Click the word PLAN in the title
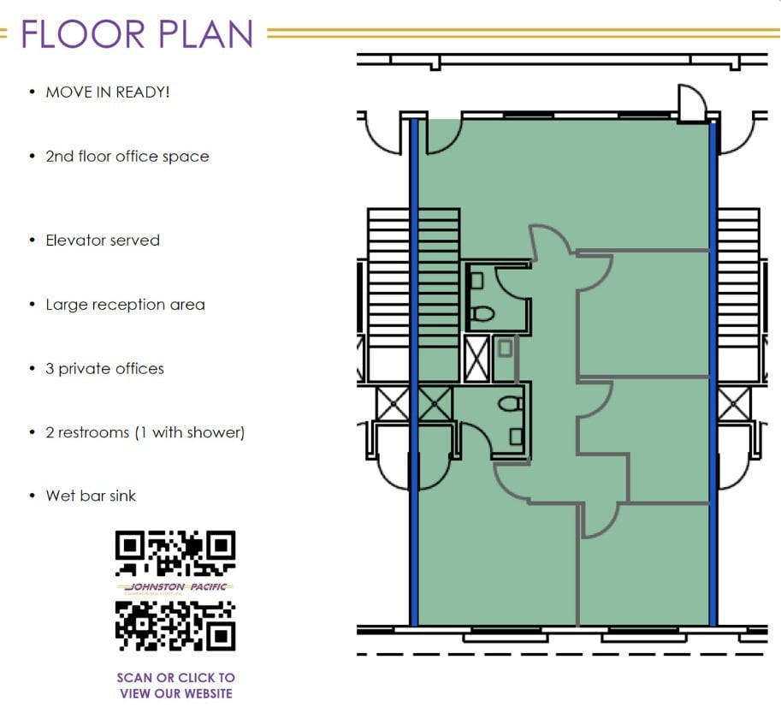pos(205,33)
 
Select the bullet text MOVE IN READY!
pos(108,92)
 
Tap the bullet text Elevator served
pos(103,241)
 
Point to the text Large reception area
pos(125,305)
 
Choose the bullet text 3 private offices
pos(104,369)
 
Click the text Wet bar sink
pos(91,496)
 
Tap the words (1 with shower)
pos(189,433)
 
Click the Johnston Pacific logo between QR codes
pos(175,588)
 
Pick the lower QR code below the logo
pos(175,625)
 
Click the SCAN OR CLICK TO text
pos(175,678)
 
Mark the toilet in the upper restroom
pos(482,314)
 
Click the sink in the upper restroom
pos(476,280)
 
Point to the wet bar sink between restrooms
pos(505,349)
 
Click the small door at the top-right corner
pos(690,104)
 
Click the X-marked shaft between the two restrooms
pos(476,358)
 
